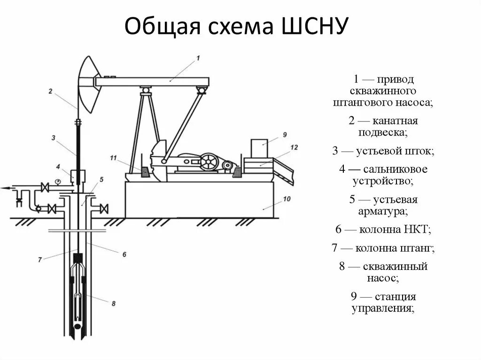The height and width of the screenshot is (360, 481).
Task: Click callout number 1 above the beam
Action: click(198, 58)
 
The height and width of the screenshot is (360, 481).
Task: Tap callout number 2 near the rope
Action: click(50, 91)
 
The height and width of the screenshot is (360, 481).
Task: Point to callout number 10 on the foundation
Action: click(287, 199)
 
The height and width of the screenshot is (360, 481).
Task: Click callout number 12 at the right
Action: click(294, 147)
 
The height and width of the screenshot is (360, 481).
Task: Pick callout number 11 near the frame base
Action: click(113, 157)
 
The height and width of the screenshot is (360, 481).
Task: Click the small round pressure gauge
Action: click(58, 182)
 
